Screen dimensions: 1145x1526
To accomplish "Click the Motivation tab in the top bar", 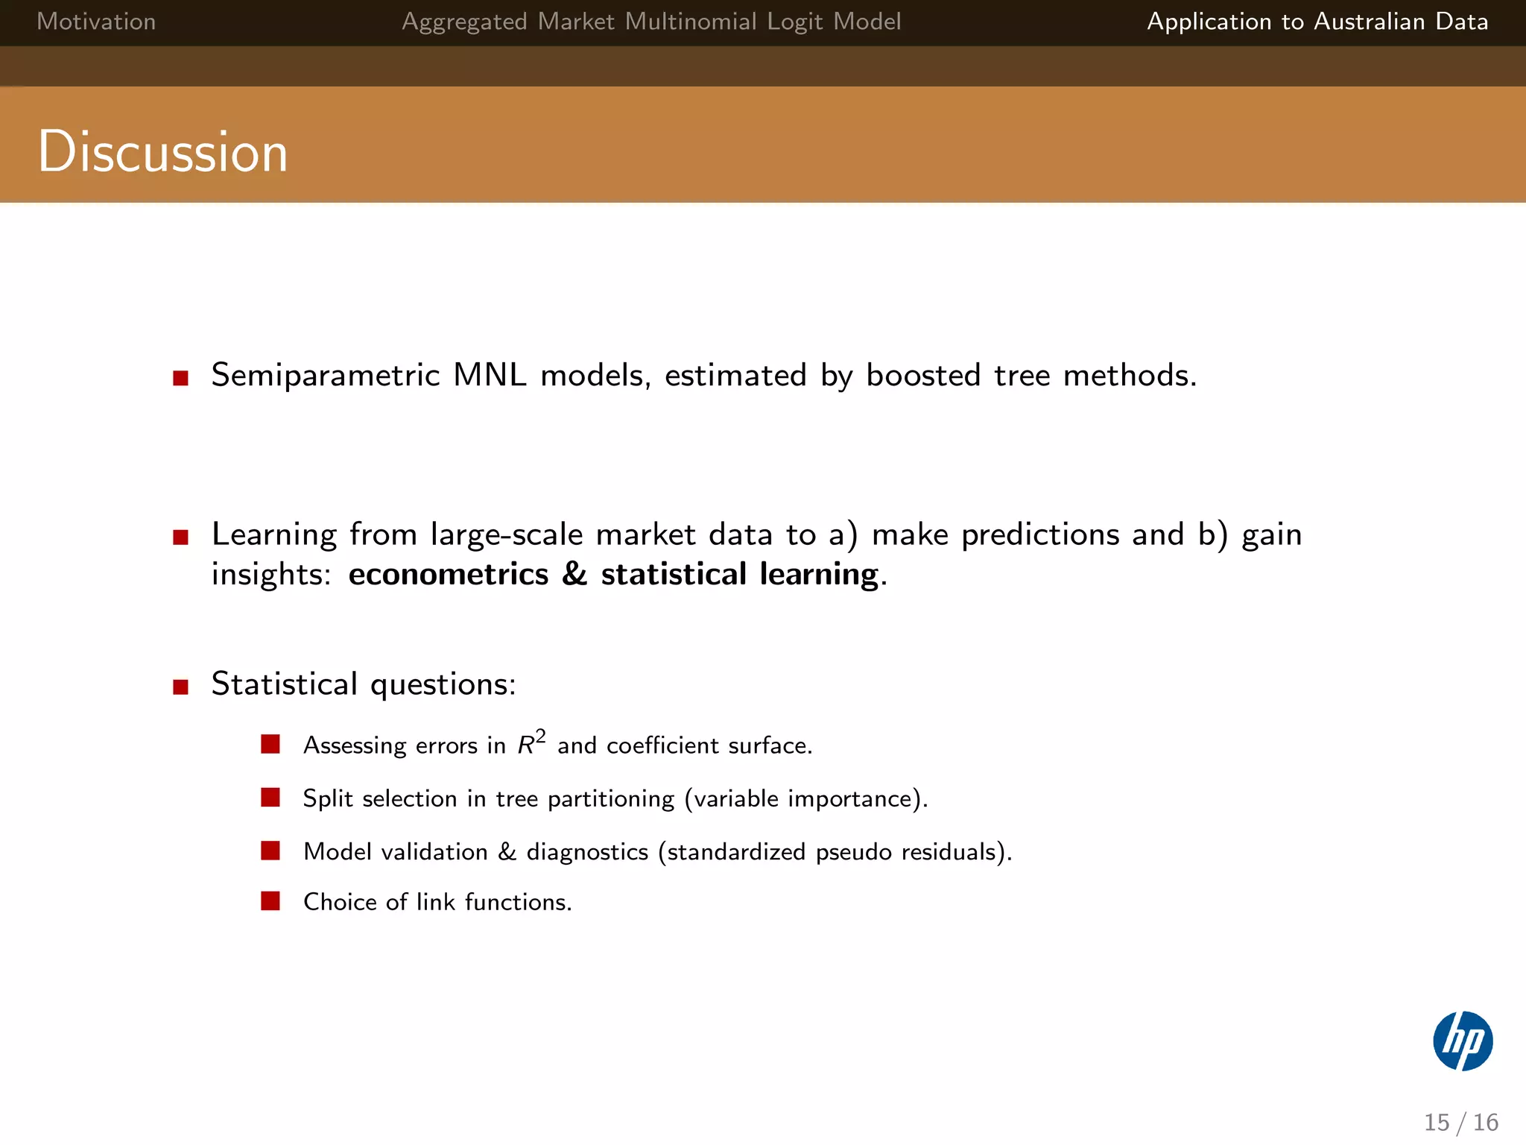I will point(96,22).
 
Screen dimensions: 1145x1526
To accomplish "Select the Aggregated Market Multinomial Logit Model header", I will point(651,22).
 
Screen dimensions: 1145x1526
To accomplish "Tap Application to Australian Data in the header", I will point(1317,22).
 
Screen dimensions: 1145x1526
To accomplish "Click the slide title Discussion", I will point(162,151).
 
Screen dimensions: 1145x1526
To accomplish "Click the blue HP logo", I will point(1463,1041).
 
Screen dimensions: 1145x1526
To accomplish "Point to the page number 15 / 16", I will point(1460,1122).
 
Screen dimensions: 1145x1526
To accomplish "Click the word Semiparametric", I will point(326,375).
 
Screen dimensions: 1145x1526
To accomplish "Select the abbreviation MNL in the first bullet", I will point(490,375).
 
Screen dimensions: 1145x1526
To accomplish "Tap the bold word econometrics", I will point(448,574).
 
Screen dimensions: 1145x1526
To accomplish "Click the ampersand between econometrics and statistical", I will point(574,574).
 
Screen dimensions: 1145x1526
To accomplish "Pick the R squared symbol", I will point(531,742).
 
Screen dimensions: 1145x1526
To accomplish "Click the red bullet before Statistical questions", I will point(180,687).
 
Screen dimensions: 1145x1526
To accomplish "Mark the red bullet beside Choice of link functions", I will point(270,901).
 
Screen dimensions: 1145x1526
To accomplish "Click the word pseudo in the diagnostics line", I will point(853,852).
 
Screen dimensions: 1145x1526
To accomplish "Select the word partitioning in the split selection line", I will point(611,799).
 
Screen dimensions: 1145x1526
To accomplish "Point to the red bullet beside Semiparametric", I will point(180,378).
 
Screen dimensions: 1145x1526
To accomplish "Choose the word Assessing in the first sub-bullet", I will point(355,745).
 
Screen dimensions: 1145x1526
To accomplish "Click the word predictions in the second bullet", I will point(1040,534).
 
